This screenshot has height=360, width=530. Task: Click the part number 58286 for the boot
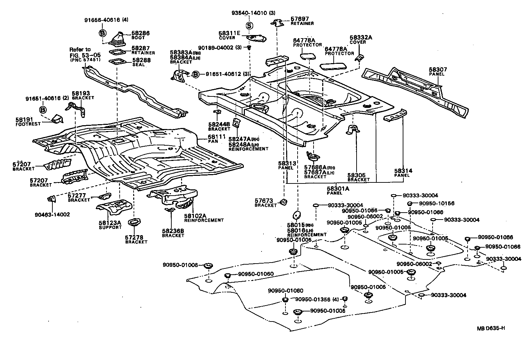pos(140,33)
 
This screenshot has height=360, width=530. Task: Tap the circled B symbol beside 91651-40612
pos(196,74)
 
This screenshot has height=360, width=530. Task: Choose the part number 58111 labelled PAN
pos(215,137)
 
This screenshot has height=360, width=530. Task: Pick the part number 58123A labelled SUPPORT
pos(110,223)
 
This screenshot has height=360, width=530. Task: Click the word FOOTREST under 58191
pos(28,124)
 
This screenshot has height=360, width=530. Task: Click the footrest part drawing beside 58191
pos(57,119)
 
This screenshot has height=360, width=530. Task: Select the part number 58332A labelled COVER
pos(361,37)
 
